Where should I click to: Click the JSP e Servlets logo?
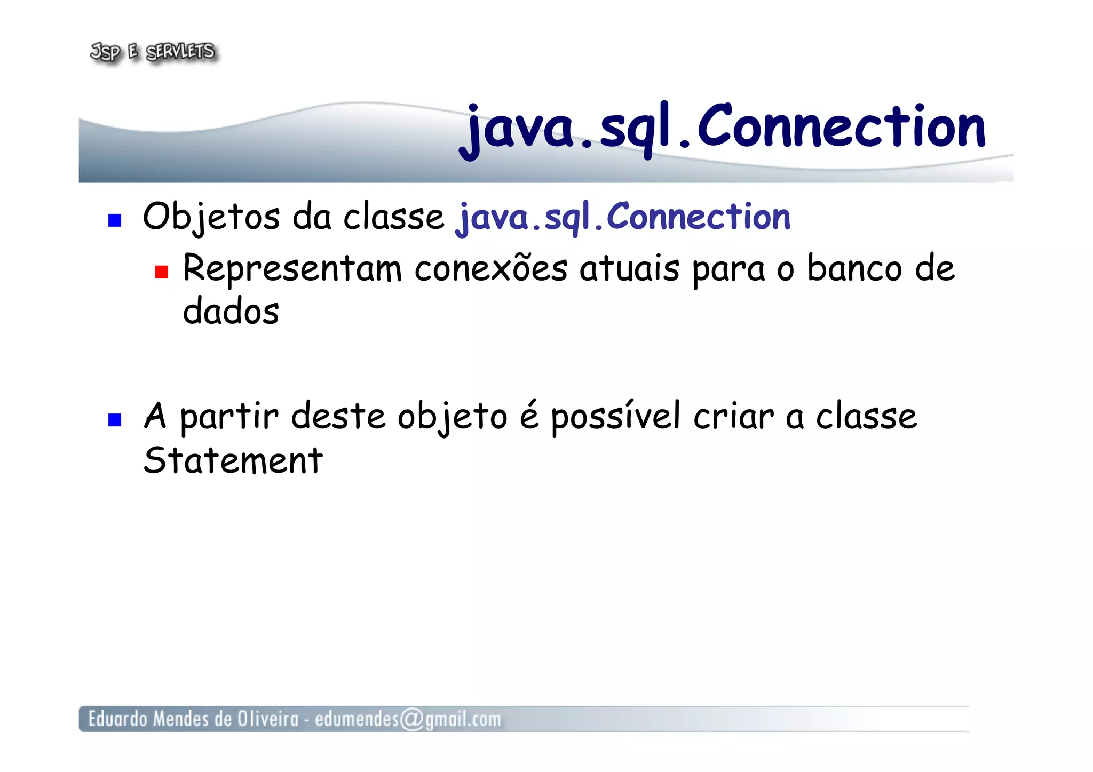153,52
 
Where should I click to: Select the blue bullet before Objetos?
115,220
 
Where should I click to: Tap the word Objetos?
211,218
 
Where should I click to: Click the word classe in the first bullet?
393,218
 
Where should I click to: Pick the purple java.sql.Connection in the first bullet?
623,218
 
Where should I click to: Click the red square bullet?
161,273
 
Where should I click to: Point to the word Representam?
292,269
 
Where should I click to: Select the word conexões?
490,268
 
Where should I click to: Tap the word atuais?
629,268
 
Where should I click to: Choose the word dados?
231,312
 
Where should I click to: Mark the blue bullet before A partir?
115,420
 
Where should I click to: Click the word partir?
229,417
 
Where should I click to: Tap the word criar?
733,416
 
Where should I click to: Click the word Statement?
233,460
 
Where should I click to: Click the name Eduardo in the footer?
117,719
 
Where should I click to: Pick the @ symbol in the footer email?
411,719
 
